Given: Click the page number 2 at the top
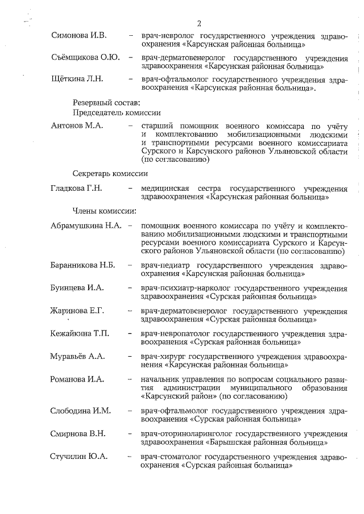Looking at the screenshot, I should (199, 23).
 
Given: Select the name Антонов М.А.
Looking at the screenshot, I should (77, 126).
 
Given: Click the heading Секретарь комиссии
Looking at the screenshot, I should (110, 173).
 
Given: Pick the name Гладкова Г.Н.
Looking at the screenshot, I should (77, 189).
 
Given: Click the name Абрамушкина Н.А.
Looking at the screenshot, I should (86, 226).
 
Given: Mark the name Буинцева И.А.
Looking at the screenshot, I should (77, 288).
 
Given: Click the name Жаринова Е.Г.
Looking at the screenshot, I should (78, 311).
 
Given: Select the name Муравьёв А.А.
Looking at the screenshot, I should (78, 356).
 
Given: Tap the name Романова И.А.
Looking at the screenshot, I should (78, 379).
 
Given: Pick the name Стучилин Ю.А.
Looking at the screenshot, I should (78, 456).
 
